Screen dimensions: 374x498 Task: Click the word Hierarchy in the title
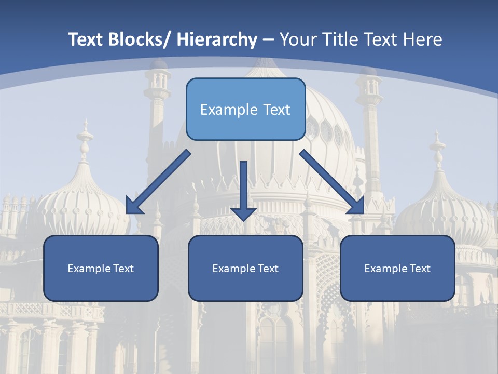pyautogui.click(x=217, y=39)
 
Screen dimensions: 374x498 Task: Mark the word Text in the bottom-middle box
pyautogui.click(x=268, y=269)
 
